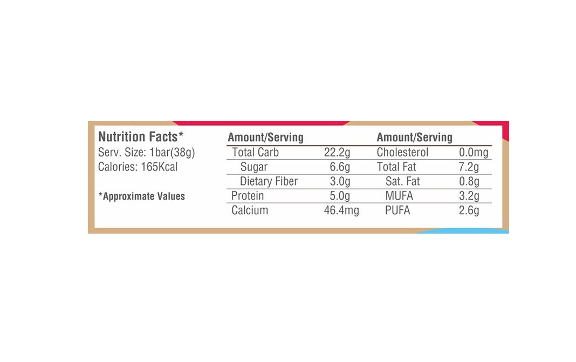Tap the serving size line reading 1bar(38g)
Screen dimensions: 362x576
coord(146,152)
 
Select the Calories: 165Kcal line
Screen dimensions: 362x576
coord(138,167)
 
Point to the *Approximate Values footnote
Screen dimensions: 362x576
coord(141,196)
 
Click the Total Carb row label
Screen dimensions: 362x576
coord(255,153)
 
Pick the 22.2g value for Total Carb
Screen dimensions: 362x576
coord(337,153)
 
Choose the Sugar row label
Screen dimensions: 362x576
coord(253,167)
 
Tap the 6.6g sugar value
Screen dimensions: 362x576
coord(340,167)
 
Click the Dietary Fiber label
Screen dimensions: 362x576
coord(269,182)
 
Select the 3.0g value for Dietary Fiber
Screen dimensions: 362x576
coord(340,182)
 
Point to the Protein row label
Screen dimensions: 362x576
coord(248,196)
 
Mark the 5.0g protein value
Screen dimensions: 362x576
coord(340,196)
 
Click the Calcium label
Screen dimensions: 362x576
coord(250,210)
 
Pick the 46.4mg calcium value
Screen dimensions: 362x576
coord(341,210)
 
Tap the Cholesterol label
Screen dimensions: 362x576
coord(402,153)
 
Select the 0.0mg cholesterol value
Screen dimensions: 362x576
coord(473,153)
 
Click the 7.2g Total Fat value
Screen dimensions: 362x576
coord(469,167)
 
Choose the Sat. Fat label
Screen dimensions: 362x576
coord(402,182)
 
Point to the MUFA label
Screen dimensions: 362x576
coord(399,196)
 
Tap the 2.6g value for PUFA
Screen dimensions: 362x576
coord(469,210)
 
